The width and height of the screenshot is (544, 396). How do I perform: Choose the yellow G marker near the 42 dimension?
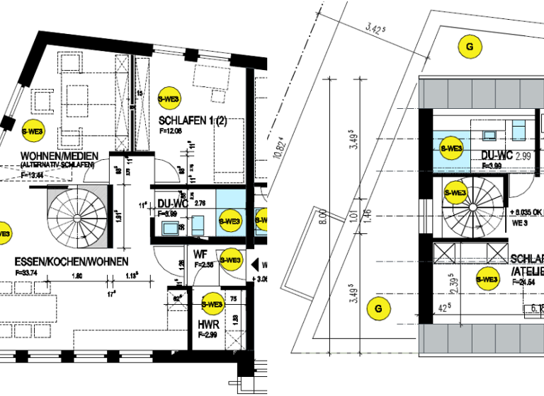(x=378, y=308)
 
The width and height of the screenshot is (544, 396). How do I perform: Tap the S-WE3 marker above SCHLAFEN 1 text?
(x=169, y=100)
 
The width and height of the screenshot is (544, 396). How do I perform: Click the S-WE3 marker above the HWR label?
(x=212, y=305)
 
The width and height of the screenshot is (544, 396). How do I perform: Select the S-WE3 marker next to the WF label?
(x=230, y=260)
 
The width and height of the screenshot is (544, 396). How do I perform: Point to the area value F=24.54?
(x=525, y=281)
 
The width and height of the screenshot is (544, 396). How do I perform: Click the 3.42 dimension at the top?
(x=375, y=29)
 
